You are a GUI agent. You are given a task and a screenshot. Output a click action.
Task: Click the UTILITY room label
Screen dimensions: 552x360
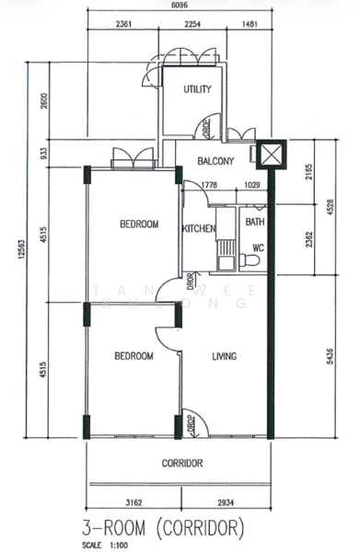[197, 89]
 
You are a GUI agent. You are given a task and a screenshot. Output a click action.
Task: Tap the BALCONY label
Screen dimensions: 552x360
[216, 162]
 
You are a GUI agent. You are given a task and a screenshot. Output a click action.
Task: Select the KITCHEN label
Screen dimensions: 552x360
[199, 229]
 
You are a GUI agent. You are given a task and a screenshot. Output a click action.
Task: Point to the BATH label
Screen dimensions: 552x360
[255, 222]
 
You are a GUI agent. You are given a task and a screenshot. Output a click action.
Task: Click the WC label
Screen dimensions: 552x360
[258, 247]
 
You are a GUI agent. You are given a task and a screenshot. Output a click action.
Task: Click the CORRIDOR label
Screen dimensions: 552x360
[181, 464]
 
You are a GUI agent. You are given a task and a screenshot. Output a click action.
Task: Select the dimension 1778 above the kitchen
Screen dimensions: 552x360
[209, 185]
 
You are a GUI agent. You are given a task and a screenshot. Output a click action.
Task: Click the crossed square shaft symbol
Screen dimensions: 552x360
[273, 155]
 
